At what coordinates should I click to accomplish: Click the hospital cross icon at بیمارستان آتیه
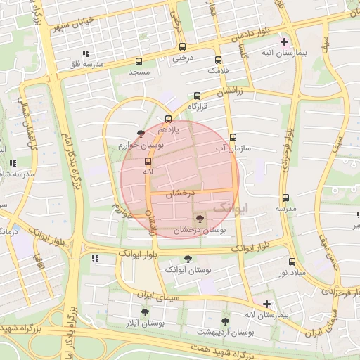(284, 41)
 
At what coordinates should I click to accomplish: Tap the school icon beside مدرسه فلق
(85, 53)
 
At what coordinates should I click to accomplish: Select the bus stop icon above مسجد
(139, 61)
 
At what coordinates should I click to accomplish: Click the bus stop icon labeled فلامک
(218, 60)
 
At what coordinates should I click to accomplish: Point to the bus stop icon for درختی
(178, 48)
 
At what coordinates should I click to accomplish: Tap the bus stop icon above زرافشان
(197, 96)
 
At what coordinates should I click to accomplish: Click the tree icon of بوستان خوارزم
(141, 133)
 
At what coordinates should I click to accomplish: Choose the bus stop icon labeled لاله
(147, 161)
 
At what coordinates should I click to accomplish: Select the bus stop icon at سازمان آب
(233, 138)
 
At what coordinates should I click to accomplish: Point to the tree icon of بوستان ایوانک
(187, 258)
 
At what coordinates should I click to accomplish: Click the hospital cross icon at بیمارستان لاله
(266, 304)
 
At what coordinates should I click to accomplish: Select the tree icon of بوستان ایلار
(145, 311)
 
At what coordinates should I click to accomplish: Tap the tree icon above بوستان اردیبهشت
(225, 321)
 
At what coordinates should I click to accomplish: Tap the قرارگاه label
(200, 107)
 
